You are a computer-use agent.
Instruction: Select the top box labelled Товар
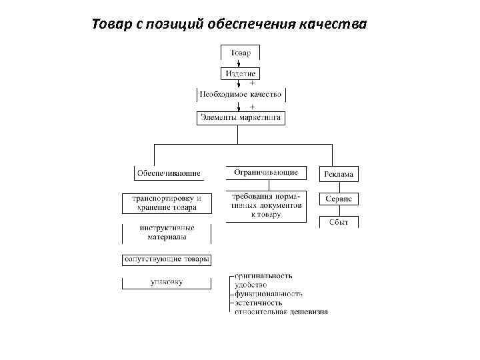(240, 53)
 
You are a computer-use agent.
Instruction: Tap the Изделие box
(240, 73)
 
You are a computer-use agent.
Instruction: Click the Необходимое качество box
(241, 95)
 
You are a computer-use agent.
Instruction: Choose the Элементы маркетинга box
(241, 118)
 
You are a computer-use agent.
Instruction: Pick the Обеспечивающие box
(169, 173)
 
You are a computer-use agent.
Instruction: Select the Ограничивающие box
(266, 173)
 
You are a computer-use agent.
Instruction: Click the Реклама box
(339, 175)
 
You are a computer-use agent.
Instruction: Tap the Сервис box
(339, 199)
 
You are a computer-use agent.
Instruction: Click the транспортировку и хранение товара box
(167, 203)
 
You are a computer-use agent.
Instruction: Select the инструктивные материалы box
(167, 232)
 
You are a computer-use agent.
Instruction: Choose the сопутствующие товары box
(167, 259)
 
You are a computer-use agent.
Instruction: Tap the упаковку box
(167, 282)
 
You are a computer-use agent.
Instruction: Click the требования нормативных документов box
(266, 205)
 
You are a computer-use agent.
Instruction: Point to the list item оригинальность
(263, 275)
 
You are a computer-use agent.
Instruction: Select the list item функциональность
(269, 293)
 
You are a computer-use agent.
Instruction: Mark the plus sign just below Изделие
(252, 83)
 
